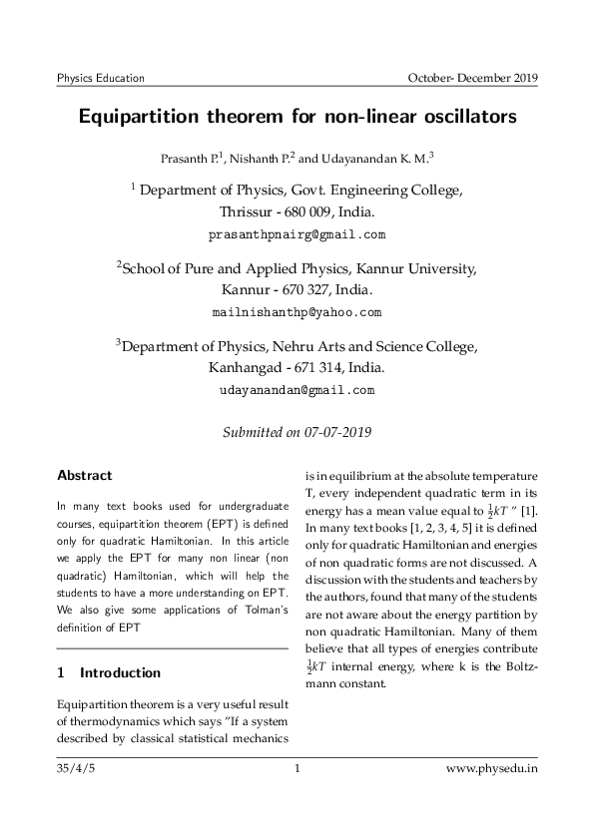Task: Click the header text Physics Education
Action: point(101,77)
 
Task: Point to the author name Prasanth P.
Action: point(192,159)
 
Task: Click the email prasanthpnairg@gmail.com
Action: point(297,235)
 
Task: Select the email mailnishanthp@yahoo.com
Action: point(297,312)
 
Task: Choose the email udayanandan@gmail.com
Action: point(297,390)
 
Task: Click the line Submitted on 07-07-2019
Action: point(297,431)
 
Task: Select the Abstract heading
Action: point(85,475)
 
